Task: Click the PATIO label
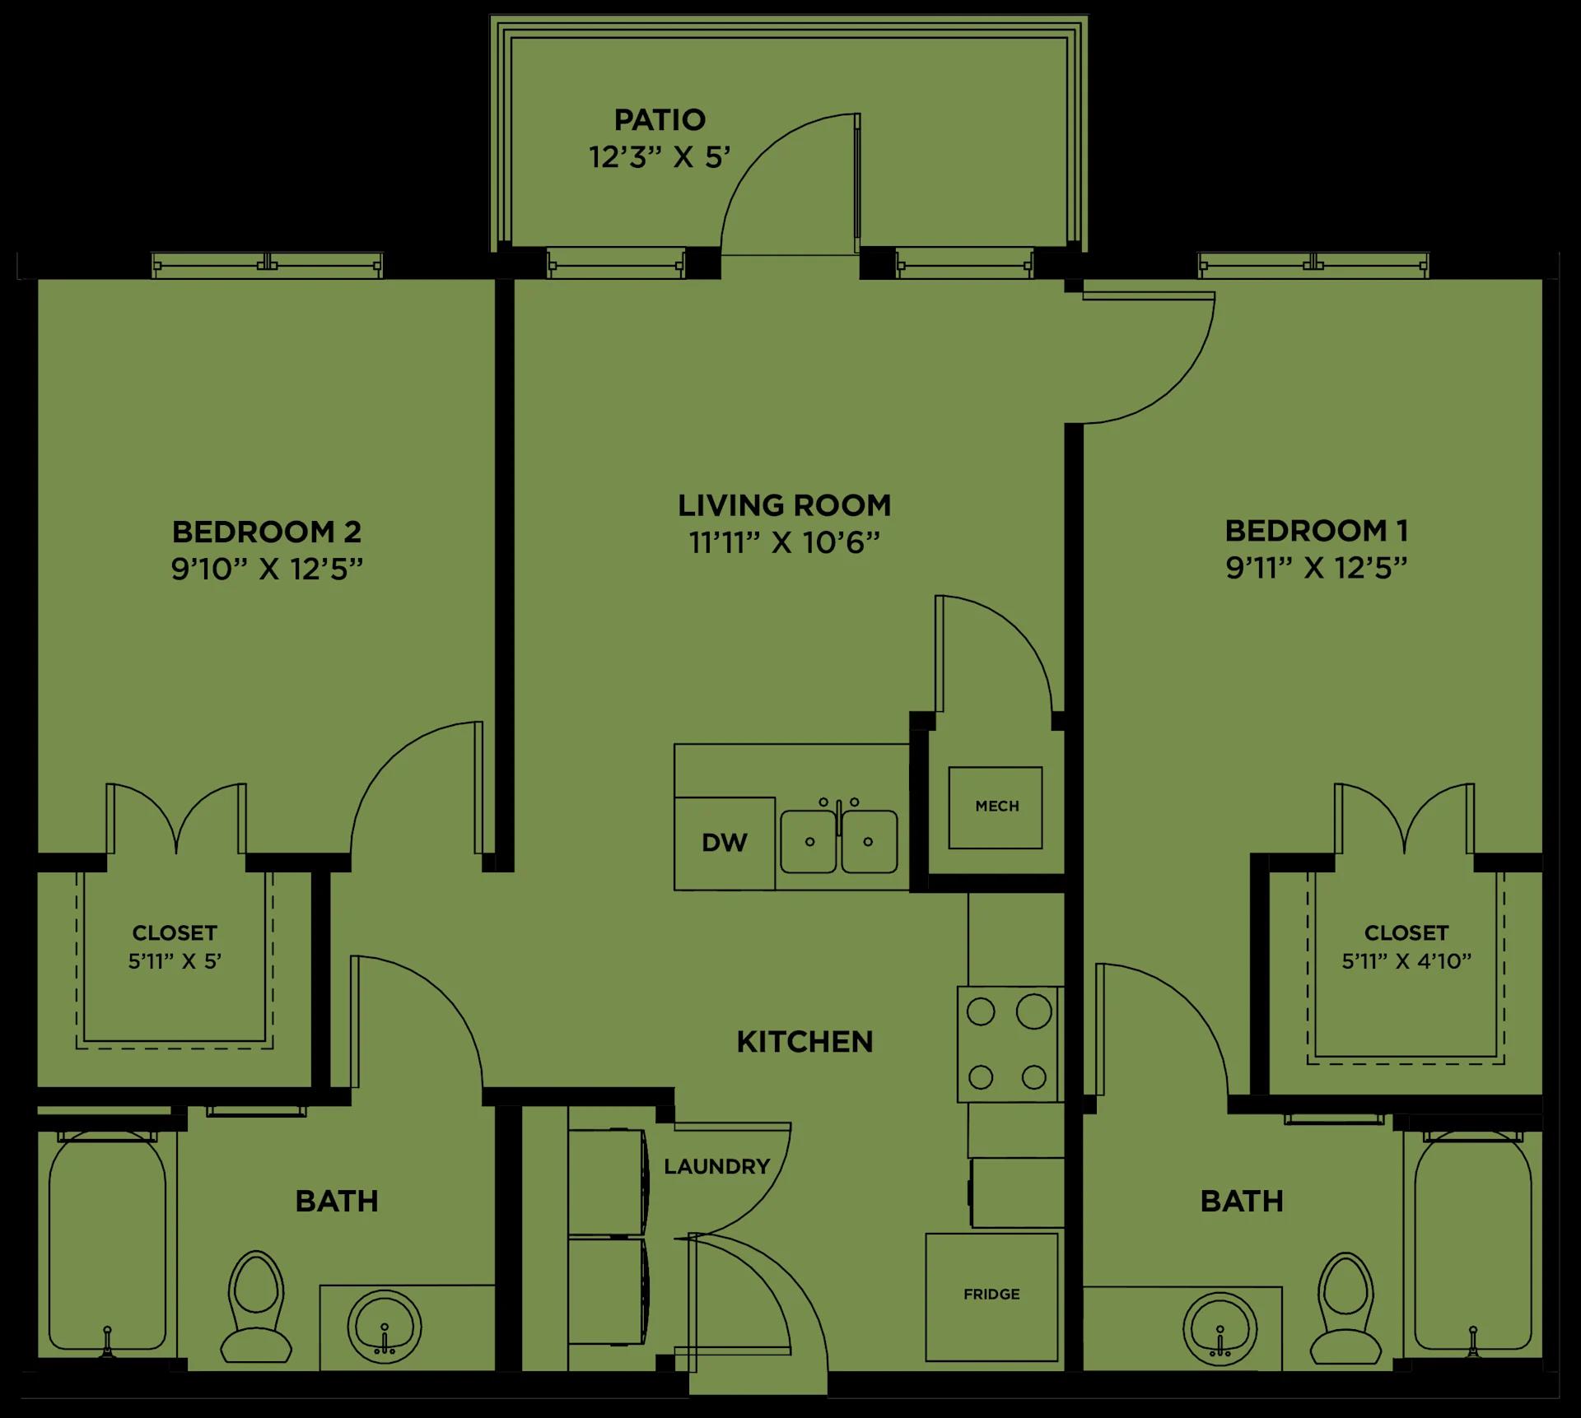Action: pos(660,120)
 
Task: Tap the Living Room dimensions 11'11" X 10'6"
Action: pos(784,543)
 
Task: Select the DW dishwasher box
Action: pos(725,843)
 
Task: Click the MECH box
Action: pos(996,807)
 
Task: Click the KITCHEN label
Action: pos(804,1042)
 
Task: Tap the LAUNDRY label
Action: pos(716,1166)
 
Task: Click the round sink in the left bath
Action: pos(384,1327)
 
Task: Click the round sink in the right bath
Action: pos(1220,1327)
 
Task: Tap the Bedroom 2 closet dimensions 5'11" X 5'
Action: pos(175,961)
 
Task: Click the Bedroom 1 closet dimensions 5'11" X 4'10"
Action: pos(1406,961)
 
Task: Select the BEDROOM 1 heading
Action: pos(1317,531)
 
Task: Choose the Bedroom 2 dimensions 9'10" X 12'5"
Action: pos(267,569)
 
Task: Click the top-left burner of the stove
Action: pos(981,1012)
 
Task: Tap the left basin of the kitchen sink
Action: pos(809,841)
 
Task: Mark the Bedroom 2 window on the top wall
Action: pos(268,265)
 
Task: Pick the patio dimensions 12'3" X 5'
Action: pos(660,157)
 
